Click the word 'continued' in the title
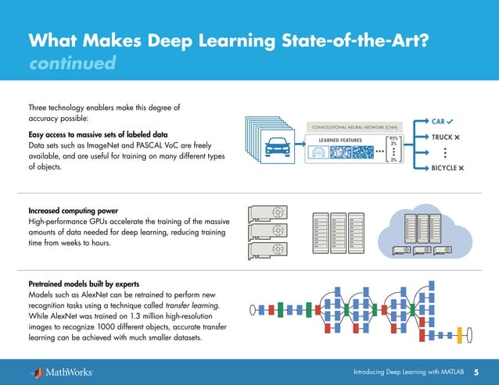pos(72,62)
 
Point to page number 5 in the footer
pos(476,371)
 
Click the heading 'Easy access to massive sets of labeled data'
pos(98,134)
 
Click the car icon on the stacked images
pos(276,146)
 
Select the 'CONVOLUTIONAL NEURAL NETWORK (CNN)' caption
pos(349,127)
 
